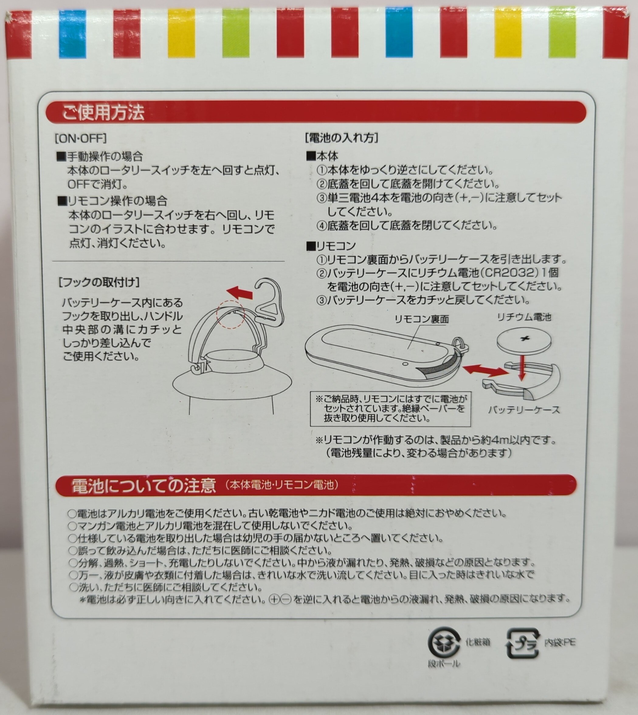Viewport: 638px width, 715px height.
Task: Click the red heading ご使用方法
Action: (x=103, y=112)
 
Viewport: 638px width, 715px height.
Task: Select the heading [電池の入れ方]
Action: (x=342, y=138)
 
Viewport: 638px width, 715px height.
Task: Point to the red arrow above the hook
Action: (x=240, y=292)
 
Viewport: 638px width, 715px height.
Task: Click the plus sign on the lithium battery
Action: (x=524, y=339)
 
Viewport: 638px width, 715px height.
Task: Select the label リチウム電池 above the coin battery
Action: (x=524, y=317)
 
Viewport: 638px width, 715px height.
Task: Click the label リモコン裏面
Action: (x=422, y=319)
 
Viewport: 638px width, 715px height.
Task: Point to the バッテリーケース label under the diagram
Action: (x=524, y=409)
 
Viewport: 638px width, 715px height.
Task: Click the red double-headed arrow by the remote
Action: (x=485, y=370)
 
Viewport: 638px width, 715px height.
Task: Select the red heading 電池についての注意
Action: (x=143, y=486)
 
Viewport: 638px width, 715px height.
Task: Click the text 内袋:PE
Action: (x=560, y=642)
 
